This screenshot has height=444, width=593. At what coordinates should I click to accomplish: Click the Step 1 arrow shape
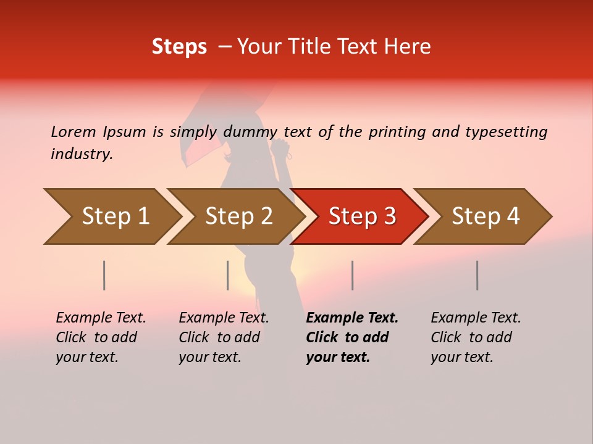[x=114, y=216]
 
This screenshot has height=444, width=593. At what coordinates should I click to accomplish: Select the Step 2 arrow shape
[x=238, y=216]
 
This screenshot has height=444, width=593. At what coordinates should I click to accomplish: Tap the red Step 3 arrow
[x=362, y=216]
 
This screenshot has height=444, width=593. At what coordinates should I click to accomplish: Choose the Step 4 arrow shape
[x=486, y=216]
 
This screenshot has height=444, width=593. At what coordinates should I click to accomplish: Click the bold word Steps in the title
[x=179, y=47]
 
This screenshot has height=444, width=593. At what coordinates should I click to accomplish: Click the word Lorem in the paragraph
[x=73, y=132]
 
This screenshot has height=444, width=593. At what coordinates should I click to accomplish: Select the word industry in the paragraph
[x=82, y=154]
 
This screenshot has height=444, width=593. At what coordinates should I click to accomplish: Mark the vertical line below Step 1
[x=104, y=275]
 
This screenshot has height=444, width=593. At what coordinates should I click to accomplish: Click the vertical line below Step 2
[x=228, y=275]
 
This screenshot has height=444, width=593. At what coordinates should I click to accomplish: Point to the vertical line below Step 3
[x=352, y=275]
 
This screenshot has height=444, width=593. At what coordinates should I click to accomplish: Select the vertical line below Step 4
[x=477, y=275]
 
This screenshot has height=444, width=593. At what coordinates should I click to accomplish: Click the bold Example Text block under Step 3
[x=352, y=337]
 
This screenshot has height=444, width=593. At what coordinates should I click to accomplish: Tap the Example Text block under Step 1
[x=101, y=337]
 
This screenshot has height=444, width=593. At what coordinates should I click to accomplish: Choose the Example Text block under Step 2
[x=224, y=337]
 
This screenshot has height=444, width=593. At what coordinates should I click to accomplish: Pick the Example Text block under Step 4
[x=476, y=337]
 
